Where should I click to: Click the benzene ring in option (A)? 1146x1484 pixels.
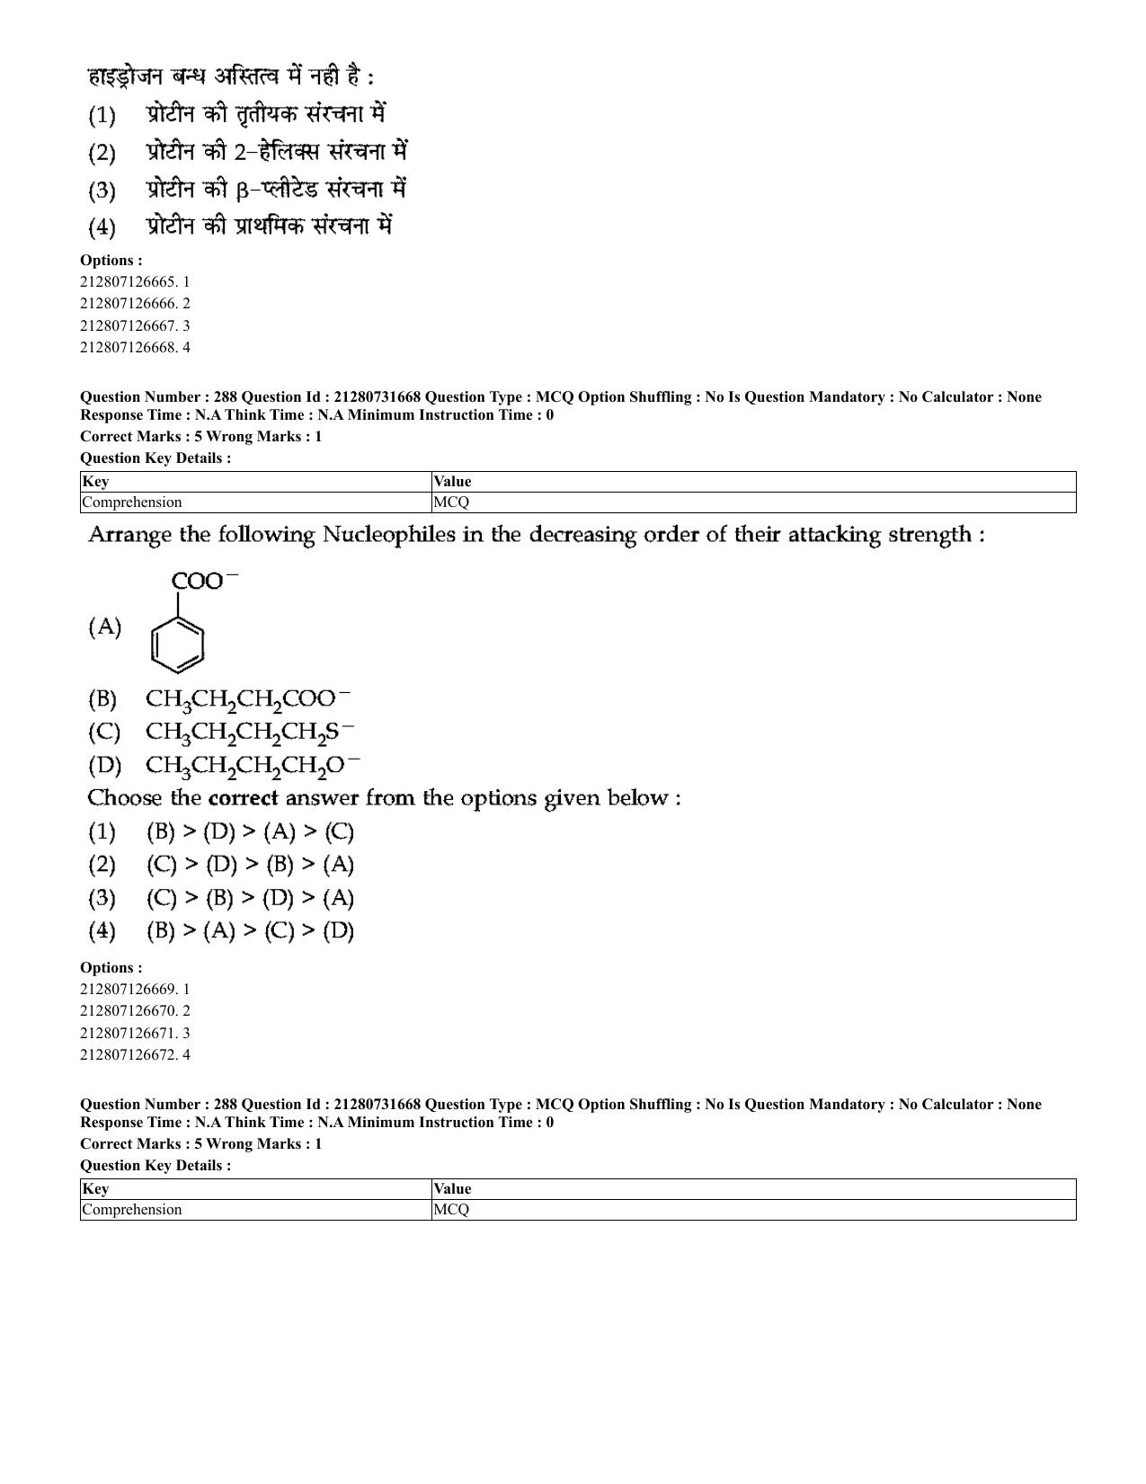(x=177, y=645)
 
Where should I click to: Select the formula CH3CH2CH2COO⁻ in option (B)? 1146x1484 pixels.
(x=248, y=699)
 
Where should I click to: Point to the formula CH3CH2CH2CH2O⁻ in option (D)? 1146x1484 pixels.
(x=253, y=766)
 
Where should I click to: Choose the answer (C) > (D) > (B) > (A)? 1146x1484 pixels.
(x=250, y=866)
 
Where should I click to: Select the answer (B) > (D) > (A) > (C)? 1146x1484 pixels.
(x=250, y=832)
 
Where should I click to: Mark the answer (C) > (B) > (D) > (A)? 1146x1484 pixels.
(x=250, y=898)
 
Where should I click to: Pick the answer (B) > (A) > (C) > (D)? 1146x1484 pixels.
(x=250, y=931)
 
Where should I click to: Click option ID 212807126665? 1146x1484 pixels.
(x=135, y=282)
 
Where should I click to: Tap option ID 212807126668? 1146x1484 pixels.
(x=135, y=348)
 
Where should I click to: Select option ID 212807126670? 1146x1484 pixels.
(x=135, y=1011)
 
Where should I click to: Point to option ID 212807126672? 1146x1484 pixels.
(x=135, y=1055)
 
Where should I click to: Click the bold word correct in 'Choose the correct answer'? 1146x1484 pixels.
(x=243, y=798)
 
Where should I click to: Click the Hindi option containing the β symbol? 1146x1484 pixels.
(x=275, y=190)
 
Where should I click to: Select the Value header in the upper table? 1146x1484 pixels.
(x=452, y=482)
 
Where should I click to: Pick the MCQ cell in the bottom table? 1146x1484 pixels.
(x=451, y=1210)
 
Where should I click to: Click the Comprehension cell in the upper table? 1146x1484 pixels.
(x=132, y=502)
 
